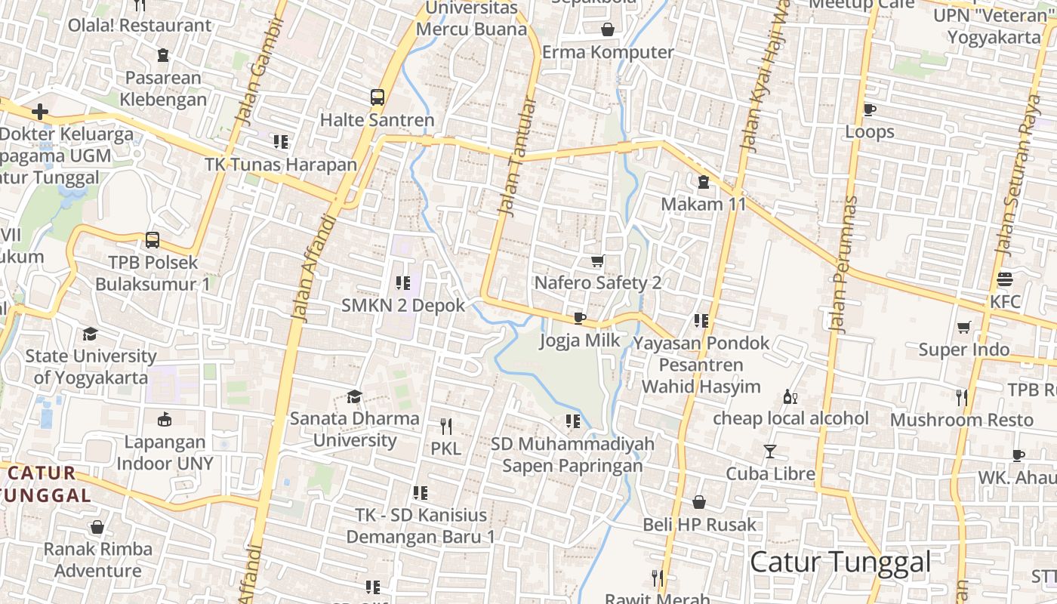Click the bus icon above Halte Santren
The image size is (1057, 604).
point(377,97)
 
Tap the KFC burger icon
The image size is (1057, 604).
point(1004,279)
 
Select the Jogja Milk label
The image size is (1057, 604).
point(580,341)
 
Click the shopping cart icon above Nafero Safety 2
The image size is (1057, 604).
point(597,261)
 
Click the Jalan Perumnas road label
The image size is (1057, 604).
point(843,264)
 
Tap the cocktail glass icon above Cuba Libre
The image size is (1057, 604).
point(769,451)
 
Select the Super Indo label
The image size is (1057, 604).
point(963,350)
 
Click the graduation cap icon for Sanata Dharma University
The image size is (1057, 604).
point(353,396)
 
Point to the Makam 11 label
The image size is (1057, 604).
point(703,204)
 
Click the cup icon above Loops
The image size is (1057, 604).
point(869,109)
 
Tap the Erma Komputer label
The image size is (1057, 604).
point(608,52)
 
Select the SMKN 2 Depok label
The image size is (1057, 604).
point(402,306)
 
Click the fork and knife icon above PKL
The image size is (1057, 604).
point(445,427)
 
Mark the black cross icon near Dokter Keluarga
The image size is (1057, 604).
point(40,112)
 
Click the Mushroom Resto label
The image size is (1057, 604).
point(961,420)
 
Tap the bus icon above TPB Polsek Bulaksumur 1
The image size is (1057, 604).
point(153,240)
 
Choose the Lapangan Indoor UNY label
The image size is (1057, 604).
point(165,452)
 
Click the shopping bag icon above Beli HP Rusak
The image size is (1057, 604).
point(699,502)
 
